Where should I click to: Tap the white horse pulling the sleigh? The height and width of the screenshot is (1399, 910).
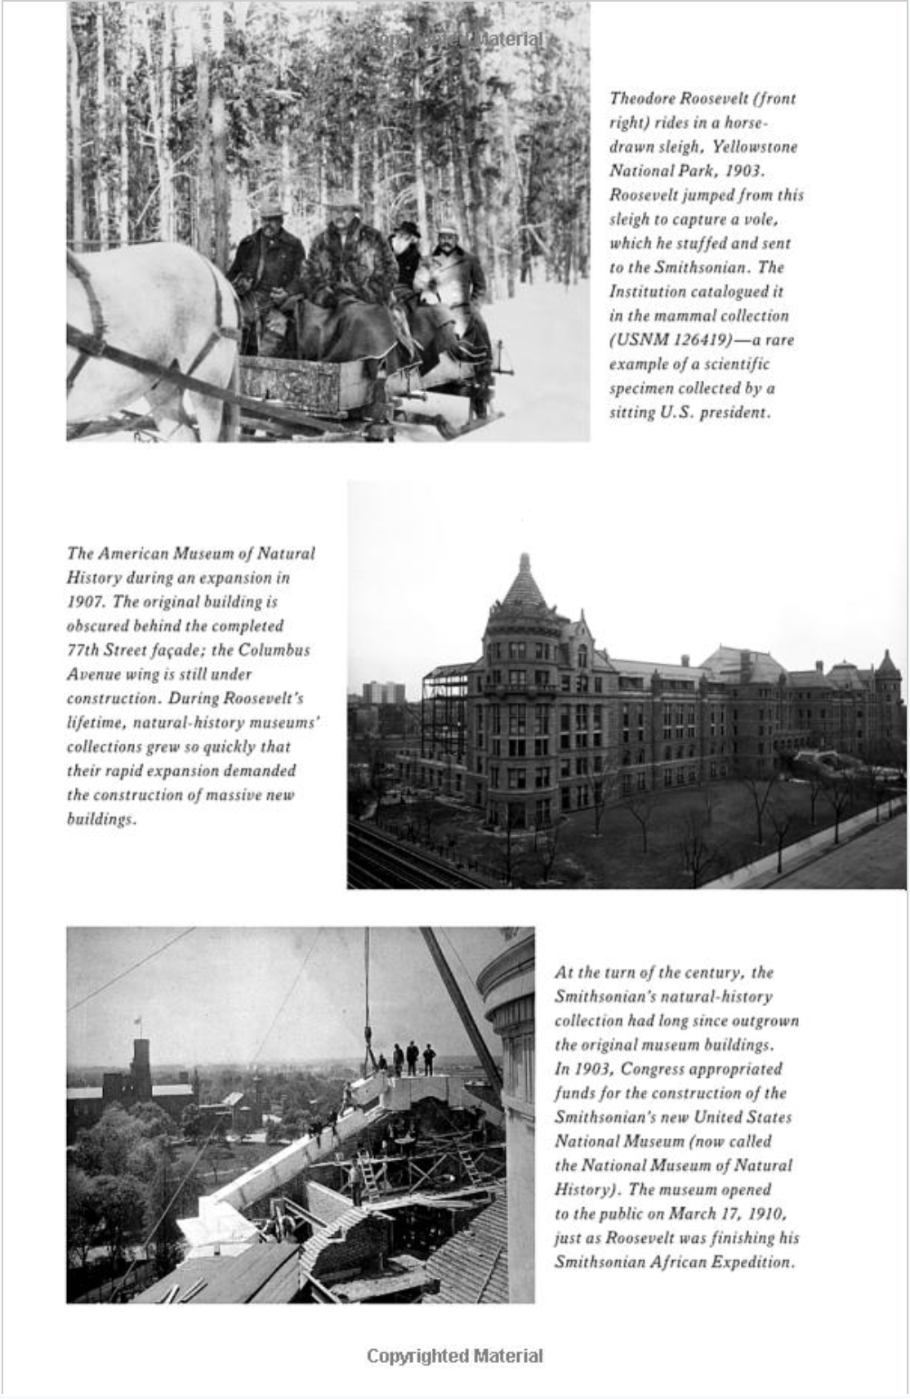pos(147,327)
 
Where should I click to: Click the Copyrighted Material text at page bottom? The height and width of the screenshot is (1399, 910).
pos(454,1357)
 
